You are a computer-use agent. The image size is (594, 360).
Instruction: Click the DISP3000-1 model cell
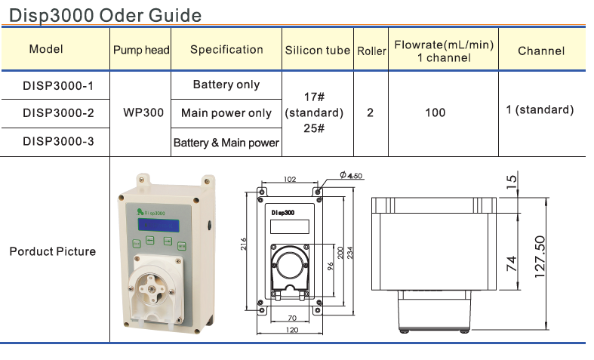pyautogui.click(x=58, y=85)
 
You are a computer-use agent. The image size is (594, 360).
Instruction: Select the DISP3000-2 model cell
pyautogui.click(x=58, y=113)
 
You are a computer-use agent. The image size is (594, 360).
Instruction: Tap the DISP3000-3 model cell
pyautogui.click(x=58, y=141)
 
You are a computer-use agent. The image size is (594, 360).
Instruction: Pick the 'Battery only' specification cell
pyautogui.click(x=226, y=85)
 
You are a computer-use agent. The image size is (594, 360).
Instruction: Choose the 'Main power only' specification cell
pyautogui.click(x=226, y=113)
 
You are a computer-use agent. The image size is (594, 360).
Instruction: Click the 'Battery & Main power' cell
pyautogui.click(x=226, y=142)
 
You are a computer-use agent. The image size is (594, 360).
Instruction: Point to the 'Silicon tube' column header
pyautogui.click(x=318, y=51)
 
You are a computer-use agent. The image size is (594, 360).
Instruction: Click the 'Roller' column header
pyautogui.click(x=371, y=51)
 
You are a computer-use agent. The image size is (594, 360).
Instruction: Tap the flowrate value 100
pyautogui.click(x=435, y=113)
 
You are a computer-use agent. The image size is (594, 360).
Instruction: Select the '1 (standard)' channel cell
pyautogui.click(x=540, y=110)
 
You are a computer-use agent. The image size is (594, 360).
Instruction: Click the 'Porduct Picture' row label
pyautogui.click(x=53, y=251)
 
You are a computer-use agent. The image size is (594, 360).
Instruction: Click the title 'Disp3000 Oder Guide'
pyautogui.click(x=106, y=14)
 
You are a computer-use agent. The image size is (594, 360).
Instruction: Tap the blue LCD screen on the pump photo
pyautogui.click(x=159, y=226)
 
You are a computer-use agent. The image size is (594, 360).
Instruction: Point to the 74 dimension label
pyautogui.click(x=512, y=263)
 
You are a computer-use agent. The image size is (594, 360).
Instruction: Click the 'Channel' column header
pyautogui.click(x=541, y=51)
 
